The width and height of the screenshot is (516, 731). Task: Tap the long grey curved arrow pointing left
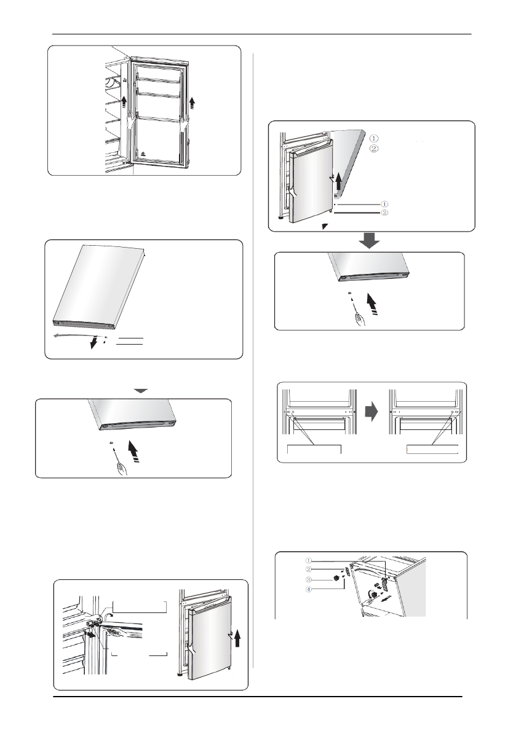point(70,335)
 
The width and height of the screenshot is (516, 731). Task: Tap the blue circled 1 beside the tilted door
point(372,138)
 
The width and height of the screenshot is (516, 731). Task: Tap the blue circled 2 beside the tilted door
point(372,148)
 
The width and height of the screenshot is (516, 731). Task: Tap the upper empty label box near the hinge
point(141,605)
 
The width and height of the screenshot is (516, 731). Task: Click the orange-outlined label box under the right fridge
point(433,448)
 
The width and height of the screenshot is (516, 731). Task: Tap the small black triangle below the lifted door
point(325,227)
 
